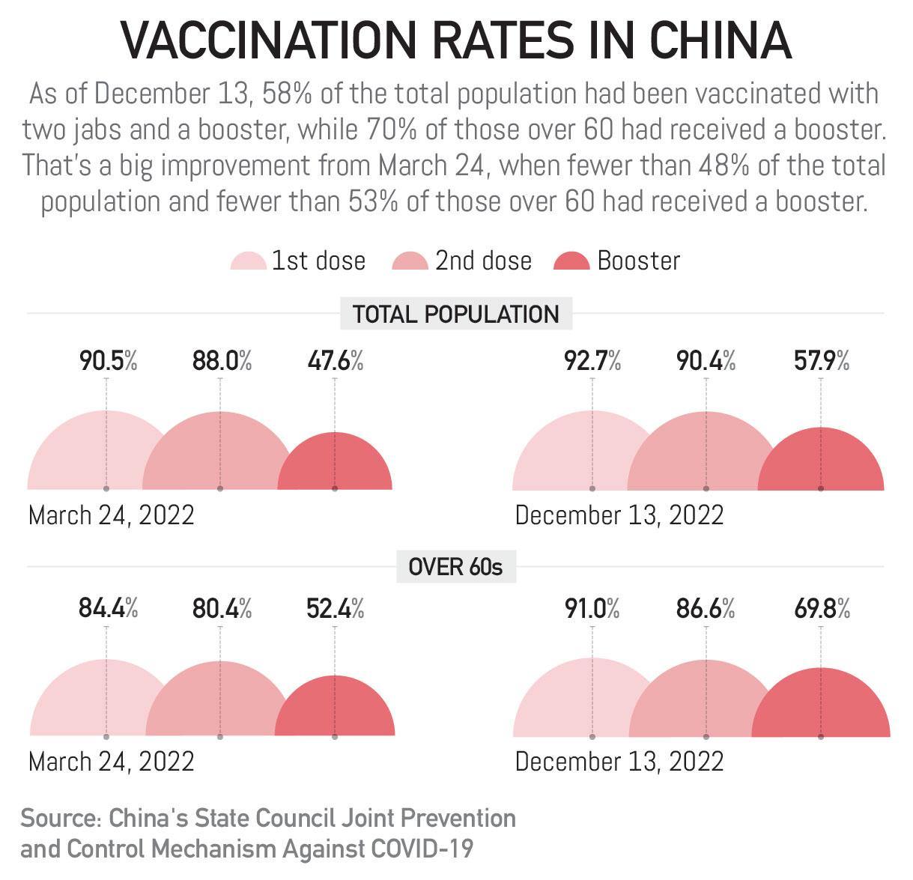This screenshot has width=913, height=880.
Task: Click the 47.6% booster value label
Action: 335,362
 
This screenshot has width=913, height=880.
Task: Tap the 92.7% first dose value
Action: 592,362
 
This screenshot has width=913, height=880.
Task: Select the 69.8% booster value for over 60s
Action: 822,609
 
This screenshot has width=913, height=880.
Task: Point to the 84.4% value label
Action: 108,609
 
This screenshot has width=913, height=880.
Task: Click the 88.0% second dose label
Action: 222,362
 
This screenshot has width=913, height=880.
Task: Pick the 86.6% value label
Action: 706,609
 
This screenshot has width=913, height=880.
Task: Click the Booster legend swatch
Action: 571,262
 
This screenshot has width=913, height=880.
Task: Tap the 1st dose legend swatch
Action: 248,262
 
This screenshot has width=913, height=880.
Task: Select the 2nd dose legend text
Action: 483,261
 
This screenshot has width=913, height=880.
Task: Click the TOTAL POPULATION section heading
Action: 455,314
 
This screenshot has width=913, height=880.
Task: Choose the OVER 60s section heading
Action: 455,567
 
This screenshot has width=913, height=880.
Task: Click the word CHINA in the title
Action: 720,40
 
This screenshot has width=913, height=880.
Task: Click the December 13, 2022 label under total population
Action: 619,515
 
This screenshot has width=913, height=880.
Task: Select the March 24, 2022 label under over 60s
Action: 111,762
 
